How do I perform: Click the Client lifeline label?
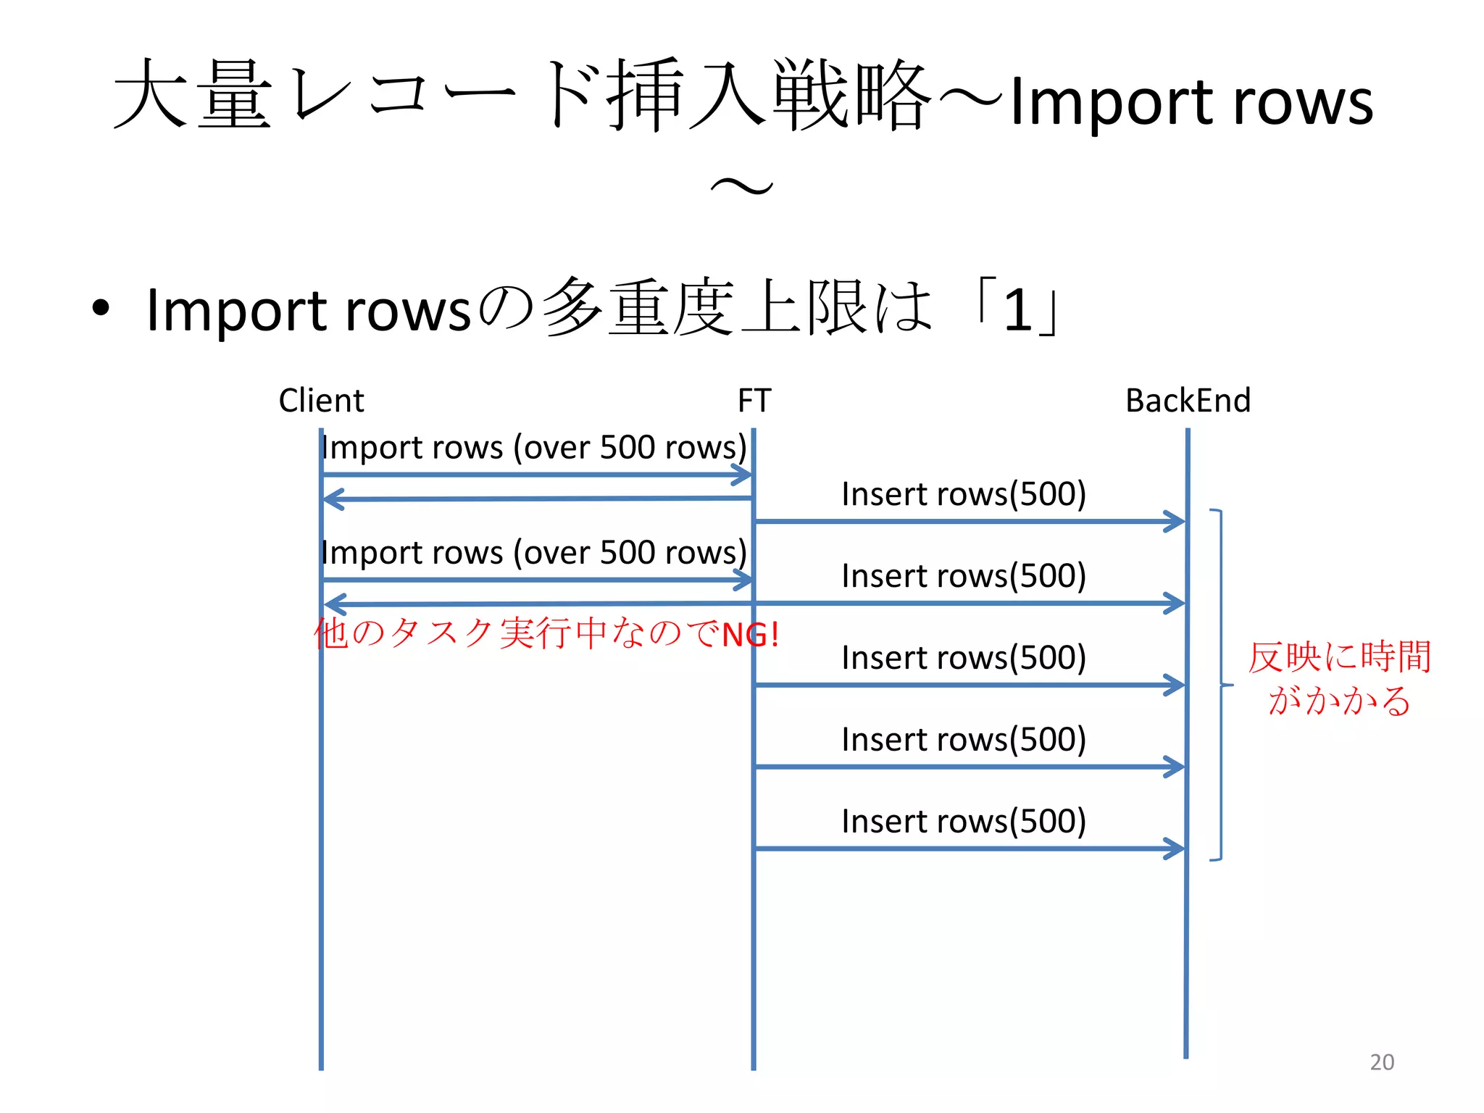[321, 400]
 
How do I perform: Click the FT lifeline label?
[754, 400]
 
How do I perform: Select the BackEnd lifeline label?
[1188, 400]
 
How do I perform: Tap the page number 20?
[1382, 1062]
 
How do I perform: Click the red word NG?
[751, 635]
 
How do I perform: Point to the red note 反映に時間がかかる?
[1339, 678]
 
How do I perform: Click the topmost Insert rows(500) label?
[964, 494]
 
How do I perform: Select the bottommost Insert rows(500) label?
[964, 822]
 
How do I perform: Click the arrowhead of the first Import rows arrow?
[743, 475]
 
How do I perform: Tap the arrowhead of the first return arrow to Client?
[333, 499]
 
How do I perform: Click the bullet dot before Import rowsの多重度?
[101, 307]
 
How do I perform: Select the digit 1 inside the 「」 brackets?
[1018, 310]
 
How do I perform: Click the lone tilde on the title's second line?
[742, 187]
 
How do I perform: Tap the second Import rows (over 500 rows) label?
[533, 553]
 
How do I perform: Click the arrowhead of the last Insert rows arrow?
[1175, 849]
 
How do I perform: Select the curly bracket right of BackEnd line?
[1221, 684]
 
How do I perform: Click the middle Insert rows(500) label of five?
[964, 658]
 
